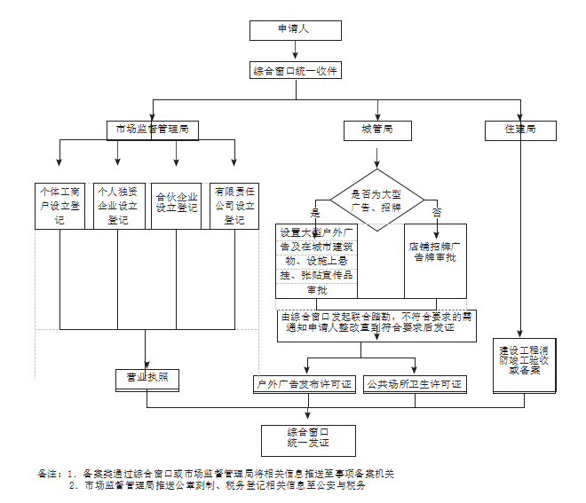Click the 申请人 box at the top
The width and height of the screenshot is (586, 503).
coord(295,29)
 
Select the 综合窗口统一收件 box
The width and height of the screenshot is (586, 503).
coord(295,71)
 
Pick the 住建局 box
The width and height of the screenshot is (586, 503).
coord(520,130)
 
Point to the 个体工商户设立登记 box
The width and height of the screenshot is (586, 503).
coord(60,205)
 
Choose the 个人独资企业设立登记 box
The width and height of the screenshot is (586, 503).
coord(118,205)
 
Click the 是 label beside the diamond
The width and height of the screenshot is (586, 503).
coord(314,214)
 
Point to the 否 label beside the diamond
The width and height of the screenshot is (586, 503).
coord(437,213)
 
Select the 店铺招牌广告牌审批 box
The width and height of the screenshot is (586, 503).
coord(434,253)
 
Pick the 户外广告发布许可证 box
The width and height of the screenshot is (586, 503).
coord(304,385)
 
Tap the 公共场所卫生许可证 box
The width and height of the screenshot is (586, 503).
coord(415,385)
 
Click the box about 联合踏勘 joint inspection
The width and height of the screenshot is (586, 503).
coord(376,321)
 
